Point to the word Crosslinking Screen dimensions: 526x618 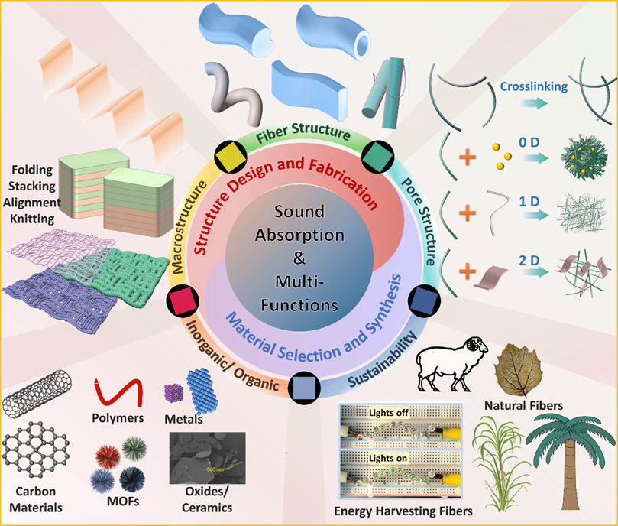pos(534,86)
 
